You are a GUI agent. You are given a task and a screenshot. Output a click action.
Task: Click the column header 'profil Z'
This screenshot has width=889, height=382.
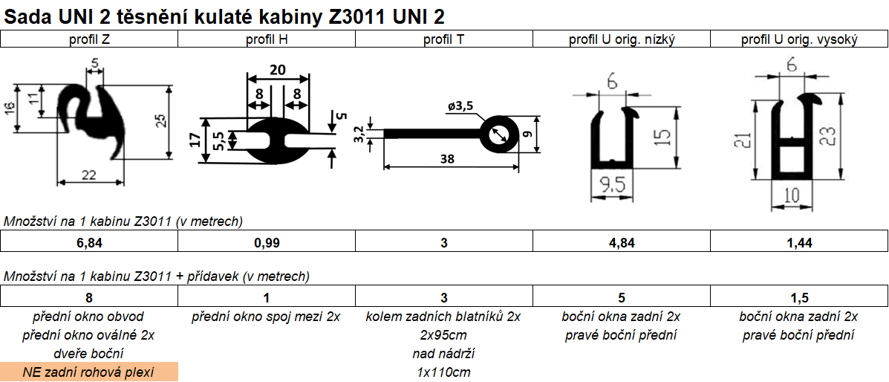tap(89, 39)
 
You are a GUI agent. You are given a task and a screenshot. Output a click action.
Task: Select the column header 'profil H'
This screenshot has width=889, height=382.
tap(267, 39)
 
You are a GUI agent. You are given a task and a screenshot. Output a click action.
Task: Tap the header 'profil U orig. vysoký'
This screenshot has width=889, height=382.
tap(799, 39)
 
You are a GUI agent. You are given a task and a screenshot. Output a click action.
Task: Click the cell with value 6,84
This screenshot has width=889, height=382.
tap(89, 242)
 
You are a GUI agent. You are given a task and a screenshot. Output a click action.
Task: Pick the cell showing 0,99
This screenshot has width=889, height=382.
tap(267, 242)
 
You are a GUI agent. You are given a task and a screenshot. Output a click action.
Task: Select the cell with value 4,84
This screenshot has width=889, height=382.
tap(622, 242)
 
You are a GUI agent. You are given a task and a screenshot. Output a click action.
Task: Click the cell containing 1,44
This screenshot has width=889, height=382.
tap(799, 242)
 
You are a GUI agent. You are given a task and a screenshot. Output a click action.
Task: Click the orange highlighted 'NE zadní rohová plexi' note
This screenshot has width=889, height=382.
tap(89, 372)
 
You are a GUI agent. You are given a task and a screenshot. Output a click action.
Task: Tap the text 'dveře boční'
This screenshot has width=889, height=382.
tap(89, 353)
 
